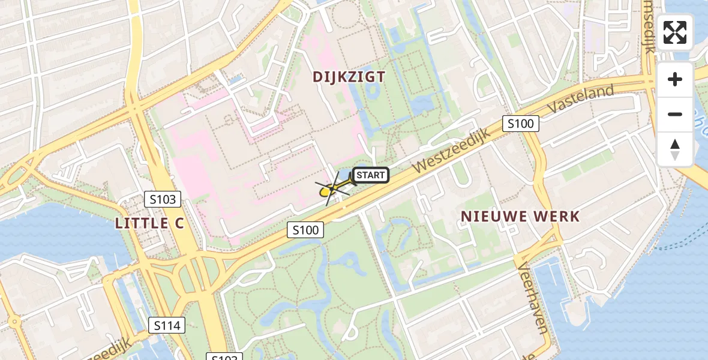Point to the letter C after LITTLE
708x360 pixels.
click(x=178, y=223)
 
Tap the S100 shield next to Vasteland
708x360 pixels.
click(x=520, y=124)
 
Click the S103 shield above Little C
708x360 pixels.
click(x=163, y=199)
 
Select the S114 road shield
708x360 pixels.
click(x=167, y=326)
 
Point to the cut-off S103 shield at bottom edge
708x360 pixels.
click(x=224, y=357)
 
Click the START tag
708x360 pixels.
click(x=371, y=175)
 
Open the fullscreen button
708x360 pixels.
click(x=675, y=32)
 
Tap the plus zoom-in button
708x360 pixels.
click(x=675, y=79)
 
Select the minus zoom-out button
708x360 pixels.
click(x=675, y=114)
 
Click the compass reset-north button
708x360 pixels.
click(x=675, y=149)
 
